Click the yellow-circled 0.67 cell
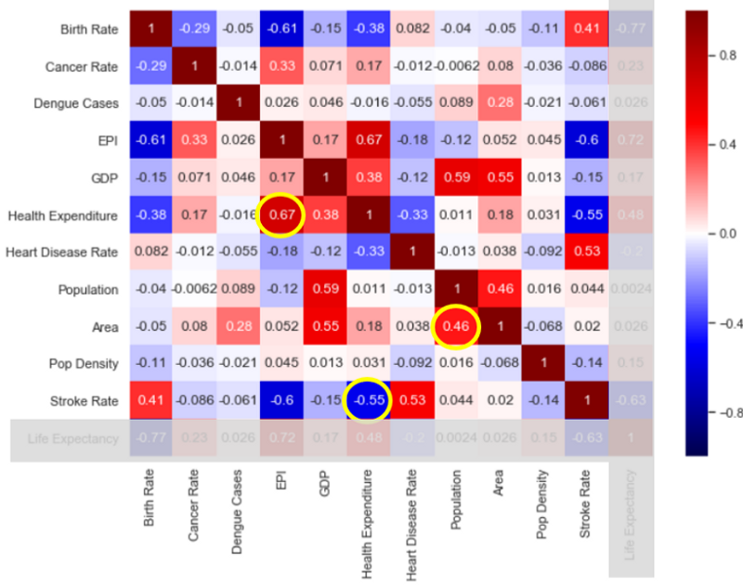(x=283, y=215)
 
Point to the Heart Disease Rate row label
(x=63, y=253)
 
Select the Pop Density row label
(x=85, y=364)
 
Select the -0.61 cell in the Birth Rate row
(x=283, y=30)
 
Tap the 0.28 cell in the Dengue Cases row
(x=501, y=104)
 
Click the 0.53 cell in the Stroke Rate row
(x=413, y=401)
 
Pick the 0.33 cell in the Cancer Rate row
(x=283, y=67)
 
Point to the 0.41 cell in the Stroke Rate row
(x=151, y=401)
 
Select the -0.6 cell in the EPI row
(x=586, y=141)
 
